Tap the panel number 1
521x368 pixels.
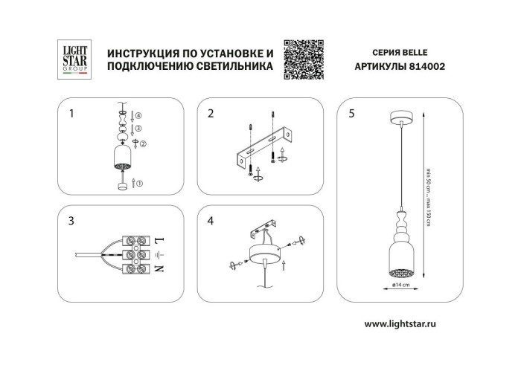pos(71,114)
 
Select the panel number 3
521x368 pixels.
pos(71,221)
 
